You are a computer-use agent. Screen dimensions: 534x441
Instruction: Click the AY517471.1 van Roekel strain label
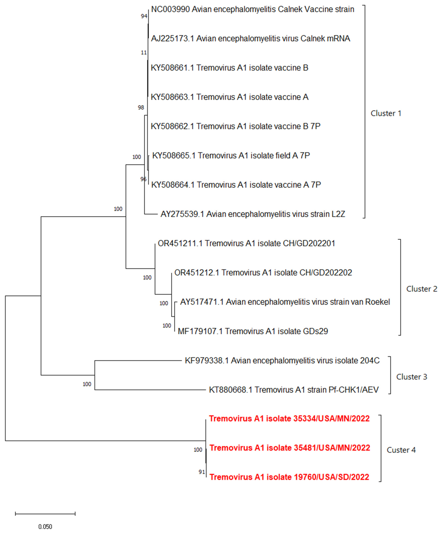[x=285, y=302]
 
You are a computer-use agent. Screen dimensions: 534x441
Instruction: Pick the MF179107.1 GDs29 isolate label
[x=253, y=331]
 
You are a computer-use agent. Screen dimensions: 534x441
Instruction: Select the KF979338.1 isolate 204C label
[x=282, y=360]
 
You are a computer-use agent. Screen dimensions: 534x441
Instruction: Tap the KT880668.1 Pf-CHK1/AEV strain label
[x=294, y=390]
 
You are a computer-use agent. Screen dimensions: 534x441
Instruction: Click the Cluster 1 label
[x=386, y=113]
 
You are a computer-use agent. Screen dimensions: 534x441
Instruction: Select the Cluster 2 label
[x=421, y=289]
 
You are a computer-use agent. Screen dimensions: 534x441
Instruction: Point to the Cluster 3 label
[x=412, y=377]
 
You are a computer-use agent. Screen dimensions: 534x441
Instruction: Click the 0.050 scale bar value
[x=45, y=527]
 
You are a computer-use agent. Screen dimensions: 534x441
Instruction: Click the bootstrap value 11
[x=144, y=53]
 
